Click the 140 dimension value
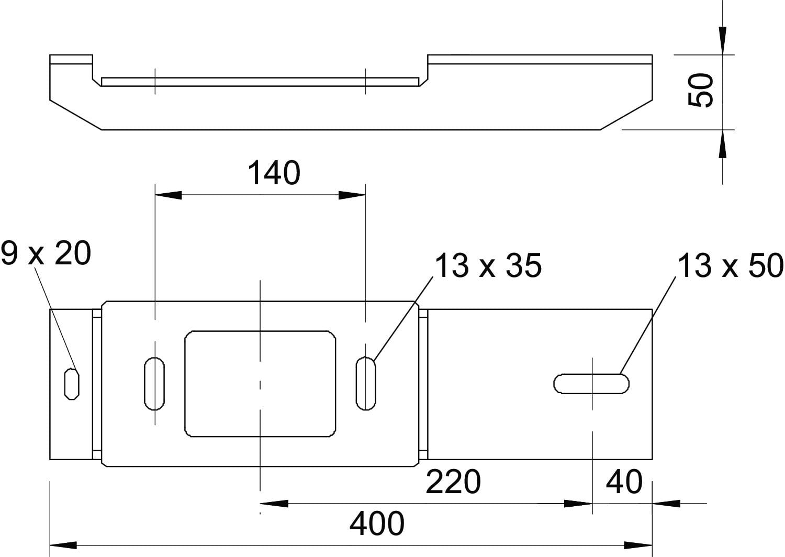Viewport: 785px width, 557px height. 274,173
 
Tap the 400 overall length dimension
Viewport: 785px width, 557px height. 377,523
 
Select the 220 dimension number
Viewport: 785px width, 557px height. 453,482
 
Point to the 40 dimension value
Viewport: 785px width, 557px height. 624,482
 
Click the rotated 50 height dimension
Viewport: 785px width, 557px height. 700,90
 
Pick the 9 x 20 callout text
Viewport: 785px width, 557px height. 46,253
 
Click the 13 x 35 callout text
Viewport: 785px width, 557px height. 488,265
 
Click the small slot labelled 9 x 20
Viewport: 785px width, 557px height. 72,384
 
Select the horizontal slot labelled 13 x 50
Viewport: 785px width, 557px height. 591,384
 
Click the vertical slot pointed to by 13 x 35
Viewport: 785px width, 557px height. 366,384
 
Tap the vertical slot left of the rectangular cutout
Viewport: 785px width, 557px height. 154,384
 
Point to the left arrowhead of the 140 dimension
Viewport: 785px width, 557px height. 169,195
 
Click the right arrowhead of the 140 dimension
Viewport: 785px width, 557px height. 352,195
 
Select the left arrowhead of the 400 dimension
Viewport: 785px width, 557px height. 63,545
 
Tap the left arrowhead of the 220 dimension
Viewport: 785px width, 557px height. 274,504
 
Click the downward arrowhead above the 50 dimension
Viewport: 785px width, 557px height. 723,41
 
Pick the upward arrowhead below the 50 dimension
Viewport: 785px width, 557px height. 723,144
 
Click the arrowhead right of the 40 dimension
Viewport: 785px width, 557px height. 666,504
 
